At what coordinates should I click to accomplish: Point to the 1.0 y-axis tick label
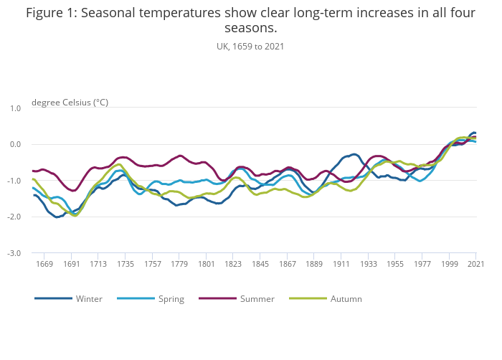(x=15, y=108)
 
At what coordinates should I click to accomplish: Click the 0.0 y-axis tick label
(x=15, y=144)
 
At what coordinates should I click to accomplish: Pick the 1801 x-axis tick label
(x=207, y=264)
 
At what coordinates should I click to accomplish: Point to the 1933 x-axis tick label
(x=369, y=264)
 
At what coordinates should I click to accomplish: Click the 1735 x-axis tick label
(x=126, y=264)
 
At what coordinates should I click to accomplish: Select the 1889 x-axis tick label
(x=315, y=264)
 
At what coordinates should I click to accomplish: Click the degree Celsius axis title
(x=70, y=103)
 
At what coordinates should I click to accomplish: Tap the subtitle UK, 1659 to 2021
(x=250, y=47)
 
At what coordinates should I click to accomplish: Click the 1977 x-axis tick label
(x=423, y=264)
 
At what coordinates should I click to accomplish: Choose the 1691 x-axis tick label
(x=72, y=264)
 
